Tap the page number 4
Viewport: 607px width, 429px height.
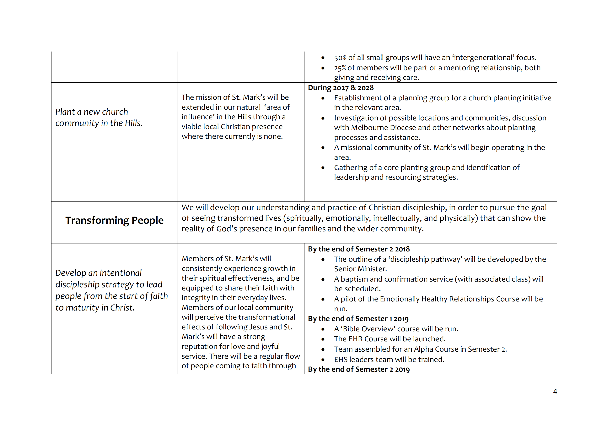[x=555, y=391]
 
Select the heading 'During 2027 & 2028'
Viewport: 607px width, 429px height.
[x=341, y=88]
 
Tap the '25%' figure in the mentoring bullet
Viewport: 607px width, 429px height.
[x=340, y=68]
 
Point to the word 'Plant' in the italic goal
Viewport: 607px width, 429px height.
[x=65, y=112]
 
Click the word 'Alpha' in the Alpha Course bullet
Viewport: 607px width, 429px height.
[x=425, y=349]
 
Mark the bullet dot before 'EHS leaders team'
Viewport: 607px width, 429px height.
[x=323, y=360]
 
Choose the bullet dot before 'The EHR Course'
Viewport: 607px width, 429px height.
[x=323, y=339]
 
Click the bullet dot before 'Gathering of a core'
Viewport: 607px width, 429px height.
[x=323, y=168]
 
